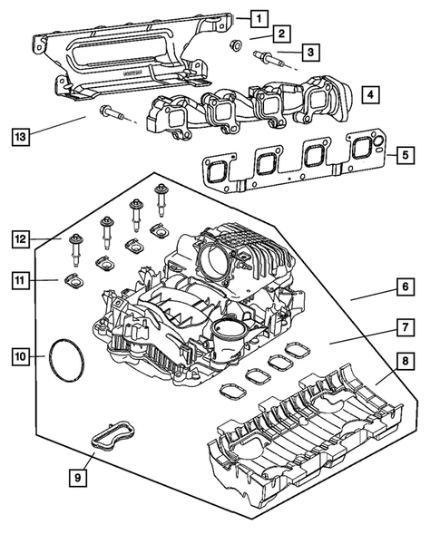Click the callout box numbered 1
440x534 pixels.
click(x=259, y=17)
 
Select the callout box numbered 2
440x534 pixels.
click(x=282, y=34)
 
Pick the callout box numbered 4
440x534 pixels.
click(x=367, y=93)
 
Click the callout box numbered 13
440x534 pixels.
click(x=21, y=137)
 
